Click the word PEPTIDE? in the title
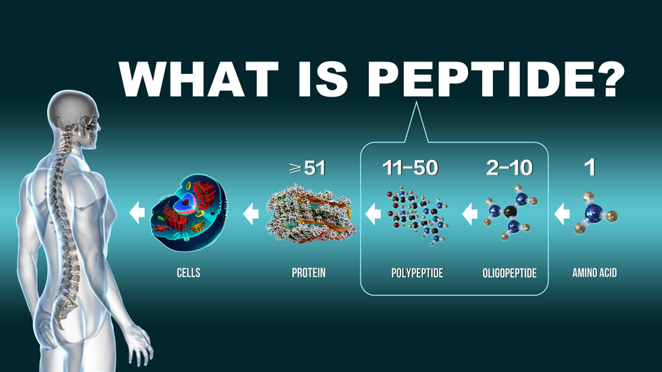click(496, 79)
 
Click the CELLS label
click(188, 273)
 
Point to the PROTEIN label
click(309, 273)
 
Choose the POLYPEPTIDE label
click(417, 273)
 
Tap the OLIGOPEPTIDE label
click(509, 273)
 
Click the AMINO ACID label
click(594, 273)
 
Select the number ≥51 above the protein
click(307, 168)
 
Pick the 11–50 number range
click(410, 168)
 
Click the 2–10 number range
click(509, 168)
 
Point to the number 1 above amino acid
click(590, 168)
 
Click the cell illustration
click(188, 213)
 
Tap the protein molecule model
click(311, 213)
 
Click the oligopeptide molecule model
click(510, 213)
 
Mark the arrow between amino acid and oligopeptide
click(562, 214)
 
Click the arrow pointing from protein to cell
click(251, 214)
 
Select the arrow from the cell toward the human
click(137, 213)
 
